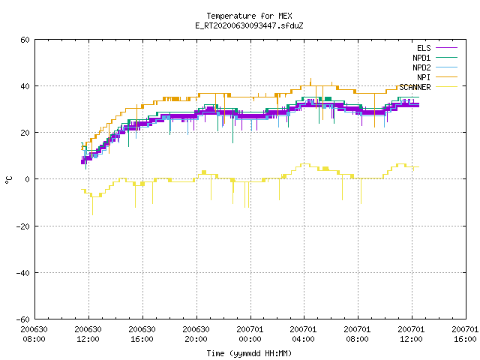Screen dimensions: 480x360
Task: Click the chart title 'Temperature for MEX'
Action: pos(249,16)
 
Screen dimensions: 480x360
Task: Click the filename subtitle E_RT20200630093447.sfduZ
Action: pos(249,25)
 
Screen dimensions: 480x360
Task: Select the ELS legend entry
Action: pos(424,48)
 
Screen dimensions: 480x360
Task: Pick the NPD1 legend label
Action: pos(421,58)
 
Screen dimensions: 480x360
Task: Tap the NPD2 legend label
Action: pos(421,67)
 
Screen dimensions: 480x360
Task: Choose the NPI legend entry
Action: pos(424,77)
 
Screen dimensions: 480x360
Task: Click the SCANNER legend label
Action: pos(415,87)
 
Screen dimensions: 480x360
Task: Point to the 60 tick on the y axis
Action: pos(25,40)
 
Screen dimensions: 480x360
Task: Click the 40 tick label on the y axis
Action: pos(25,86)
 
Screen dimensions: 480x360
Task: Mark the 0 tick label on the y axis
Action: pos(28,179)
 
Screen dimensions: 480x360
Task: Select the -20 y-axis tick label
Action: pos(23,226)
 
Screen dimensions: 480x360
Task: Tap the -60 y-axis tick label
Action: pos(23,319)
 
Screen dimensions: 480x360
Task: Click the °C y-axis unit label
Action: pos(8,180)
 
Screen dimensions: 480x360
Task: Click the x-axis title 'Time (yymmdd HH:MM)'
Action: pos(249,353)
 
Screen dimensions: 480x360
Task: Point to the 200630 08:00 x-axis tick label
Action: pos(34,334)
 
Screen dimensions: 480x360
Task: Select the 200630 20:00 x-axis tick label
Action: pos(196,334)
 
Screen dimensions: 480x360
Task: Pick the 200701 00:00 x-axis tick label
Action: pos(250,334)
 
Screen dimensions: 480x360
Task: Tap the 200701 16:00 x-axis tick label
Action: pos(465,334)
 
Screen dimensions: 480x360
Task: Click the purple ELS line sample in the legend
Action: pos(447,48)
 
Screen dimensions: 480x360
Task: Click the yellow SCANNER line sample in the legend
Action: pos(447,87)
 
